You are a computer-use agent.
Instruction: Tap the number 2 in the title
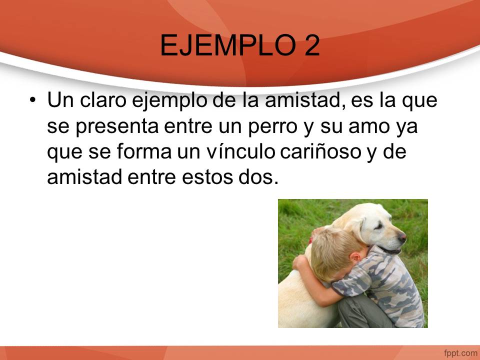coord(312,45)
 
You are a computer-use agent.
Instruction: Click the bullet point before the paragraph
coord(33,100)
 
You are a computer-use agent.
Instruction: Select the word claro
coord(103,100)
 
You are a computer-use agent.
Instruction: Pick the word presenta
coord(117,126)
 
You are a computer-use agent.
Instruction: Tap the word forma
coord(144,151)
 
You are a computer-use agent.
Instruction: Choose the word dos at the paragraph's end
coord(258,176)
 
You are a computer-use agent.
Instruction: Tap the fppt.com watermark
coord(460,353)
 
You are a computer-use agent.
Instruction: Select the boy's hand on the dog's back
coord(300,262)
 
